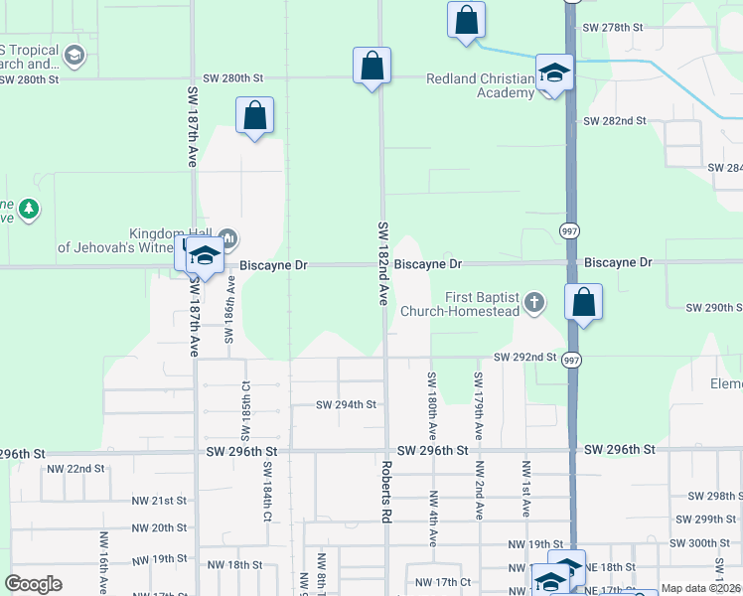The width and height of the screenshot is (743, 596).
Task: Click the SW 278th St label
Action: pyautogui.click(x=614, y=27)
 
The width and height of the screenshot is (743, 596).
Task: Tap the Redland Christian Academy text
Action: pyautogui.click(x=481, y=85)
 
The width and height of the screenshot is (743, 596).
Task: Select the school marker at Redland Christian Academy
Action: pyautogui.click(x=554, y=73)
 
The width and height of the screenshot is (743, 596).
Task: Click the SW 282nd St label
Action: pyautogui.click(x=614, y=121)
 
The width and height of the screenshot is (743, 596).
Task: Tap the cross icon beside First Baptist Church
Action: pyautogui.click(x=534, y=301)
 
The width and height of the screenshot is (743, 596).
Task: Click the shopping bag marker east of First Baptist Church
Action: pyautogui.click(x=583, y=303)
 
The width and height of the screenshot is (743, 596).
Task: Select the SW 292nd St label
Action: pyautogui.click(x=525, y=358)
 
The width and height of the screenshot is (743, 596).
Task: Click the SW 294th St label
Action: pyautogui.click(x=347, y=404)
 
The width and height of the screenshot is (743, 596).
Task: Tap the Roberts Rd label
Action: pyautogui.click(x=384, y=492)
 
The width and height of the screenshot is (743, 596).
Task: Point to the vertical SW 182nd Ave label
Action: pyautogui.click(x=382, y=263)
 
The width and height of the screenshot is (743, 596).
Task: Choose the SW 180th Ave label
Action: pyautogui.click(x=432, y=405)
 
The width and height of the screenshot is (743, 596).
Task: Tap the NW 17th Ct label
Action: pyautogui.click(x=442, y=582)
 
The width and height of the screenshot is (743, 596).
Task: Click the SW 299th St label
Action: pyautogui.click(x=702, y=520)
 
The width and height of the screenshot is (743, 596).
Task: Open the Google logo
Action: pyautogui.click(x=33, y=584)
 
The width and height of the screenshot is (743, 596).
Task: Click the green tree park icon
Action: pyautogui.click(x=30, y=208)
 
